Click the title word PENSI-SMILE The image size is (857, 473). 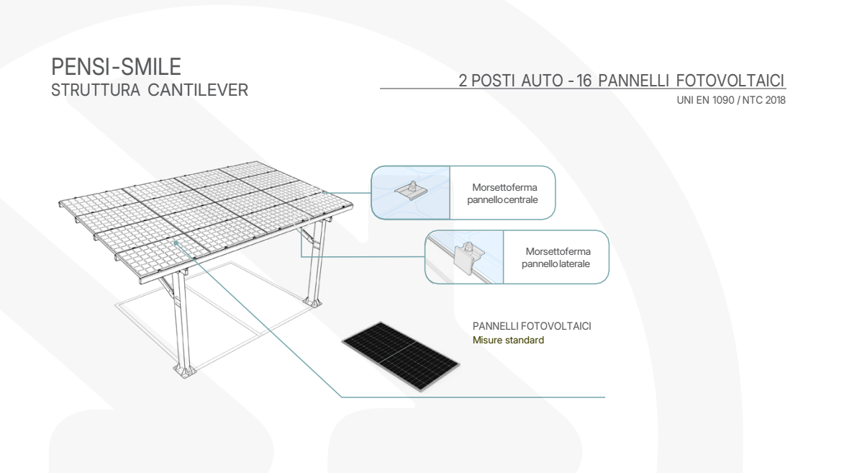point(116,68)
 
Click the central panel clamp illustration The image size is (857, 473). point(409,191)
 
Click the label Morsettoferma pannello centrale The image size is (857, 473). point(504,193)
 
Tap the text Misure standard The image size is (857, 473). point(508,341)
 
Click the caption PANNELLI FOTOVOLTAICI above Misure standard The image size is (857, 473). point(532,327)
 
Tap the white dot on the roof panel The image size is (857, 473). point(177,244)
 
